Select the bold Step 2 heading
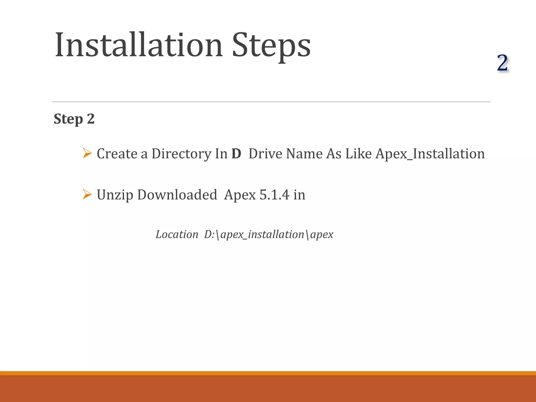pyautogui.click(x=74, y=119)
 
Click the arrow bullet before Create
pyautogui.click(x=87, y=153)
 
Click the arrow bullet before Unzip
pyautogui.click(x=87, y=194)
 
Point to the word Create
pyautogui.click(x=117, y=154)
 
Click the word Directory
pyautogui.click(x=181, y=154)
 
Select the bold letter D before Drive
pyautogui.click(x=236, y=154)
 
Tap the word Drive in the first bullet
pyautogui.click(x=265, y=154)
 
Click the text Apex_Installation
pyautogui.click(x=430, y=154)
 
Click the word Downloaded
pyautogui.click(x=177, y=195)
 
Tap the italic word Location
pyautogui.click(x=177, y=234)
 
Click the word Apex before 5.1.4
pyautogui.click(x=240, y=195)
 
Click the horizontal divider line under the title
pyautogui.click(x=271, y=102)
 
